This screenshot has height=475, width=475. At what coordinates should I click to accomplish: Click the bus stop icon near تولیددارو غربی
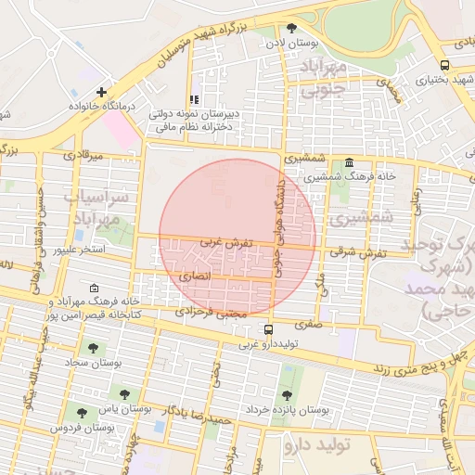click(x=269, y=329)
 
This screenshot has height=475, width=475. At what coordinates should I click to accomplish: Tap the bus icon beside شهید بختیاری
click(x=445, y=65)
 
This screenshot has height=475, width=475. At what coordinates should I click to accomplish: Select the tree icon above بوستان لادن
click(x=292, y=28)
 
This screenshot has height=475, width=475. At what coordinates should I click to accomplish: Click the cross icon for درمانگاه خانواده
click(x=101, y=92)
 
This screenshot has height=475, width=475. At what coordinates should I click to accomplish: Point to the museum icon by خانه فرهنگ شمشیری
click(x=349, y=161)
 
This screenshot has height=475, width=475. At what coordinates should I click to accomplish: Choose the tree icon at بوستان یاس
click(x=124, y=394)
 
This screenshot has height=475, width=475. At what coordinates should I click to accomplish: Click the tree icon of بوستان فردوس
click(x=83, y=413)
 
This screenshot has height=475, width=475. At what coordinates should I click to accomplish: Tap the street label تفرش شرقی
click(x=355, y=252)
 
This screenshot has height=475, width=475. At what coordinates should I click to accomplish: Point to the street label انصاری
click(x=194, y=276)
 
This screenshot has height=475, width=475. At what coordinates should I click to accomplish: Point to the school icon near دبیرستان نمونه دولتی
click(x=194, y=99)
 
